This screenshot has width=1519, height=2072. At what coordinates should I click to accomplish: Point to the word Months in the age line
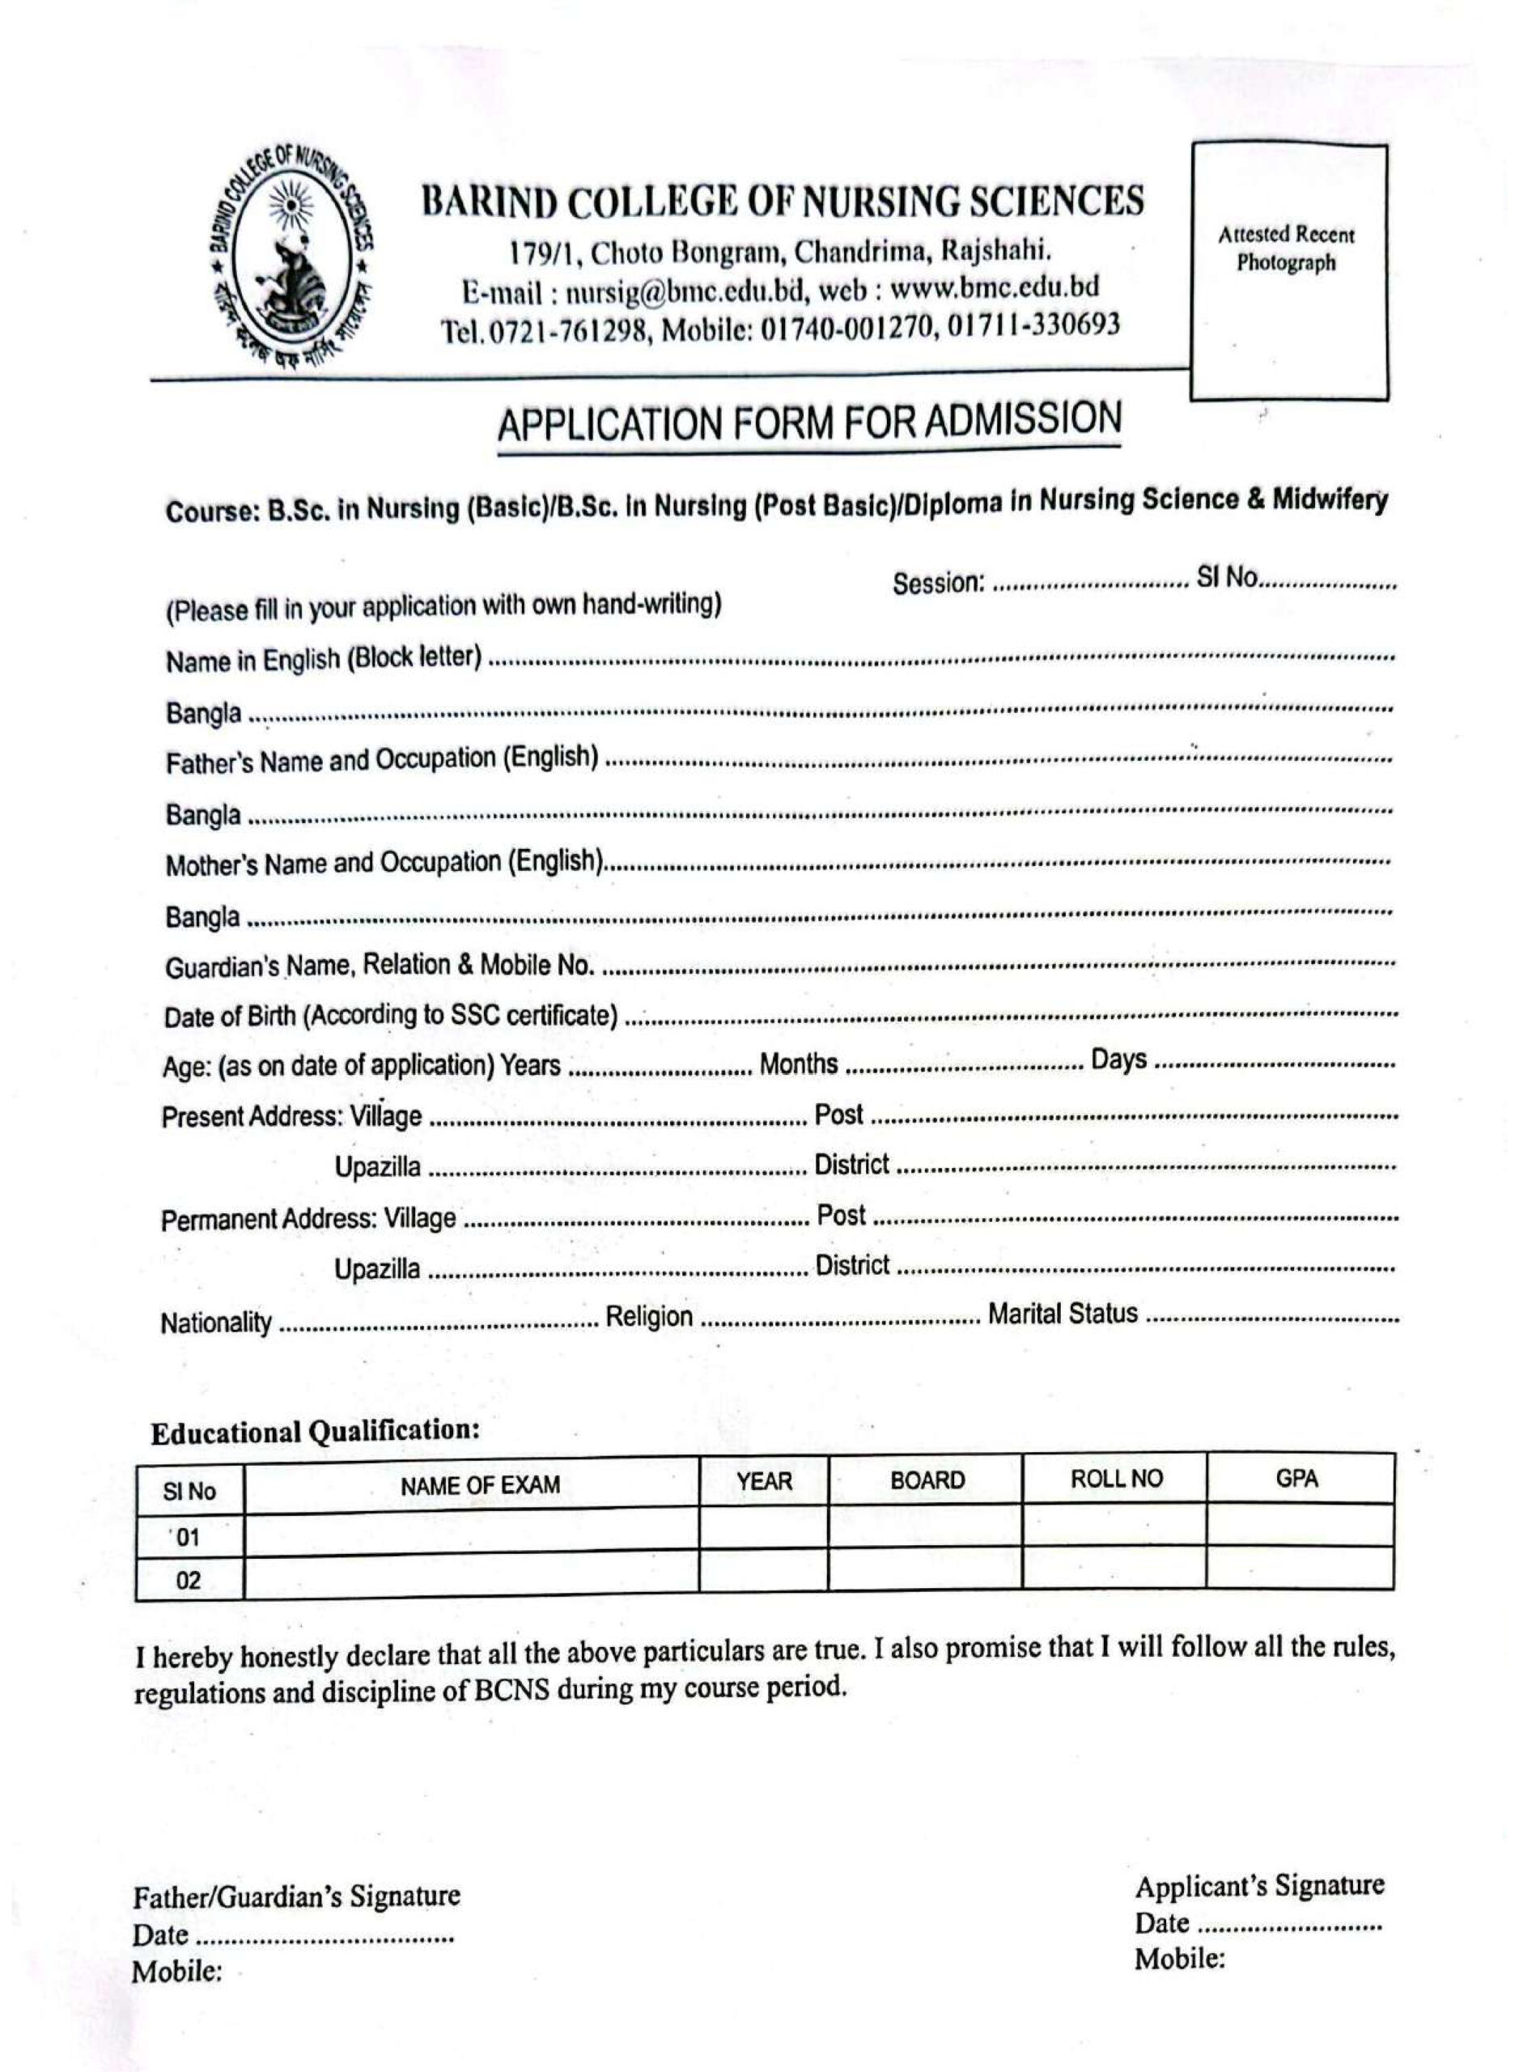798,1064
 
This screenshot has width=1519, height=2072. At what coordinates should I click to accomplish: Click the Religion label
648,1316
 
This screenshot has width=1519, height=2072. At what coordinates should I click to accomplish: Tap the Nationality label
216,1323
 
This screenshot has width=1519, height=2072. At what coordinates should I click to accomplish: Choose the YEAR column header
763,1480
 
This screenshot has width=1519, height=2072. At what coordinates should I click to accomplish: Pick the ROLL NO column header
1115,1479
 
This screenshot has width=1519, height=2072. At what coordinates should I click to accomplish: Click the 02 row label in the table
189,1581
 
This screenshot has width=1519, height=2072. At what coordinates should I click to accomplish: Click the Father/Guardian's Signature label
296,1896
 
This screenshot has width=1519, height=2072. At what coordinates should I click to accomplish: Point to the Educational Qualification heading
316,1432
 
